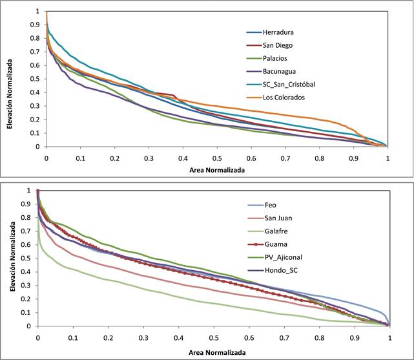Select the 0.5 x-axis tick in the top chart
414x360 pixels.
(216, 157)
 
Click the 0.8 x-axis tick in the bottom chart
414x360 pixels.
(319, 339)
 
